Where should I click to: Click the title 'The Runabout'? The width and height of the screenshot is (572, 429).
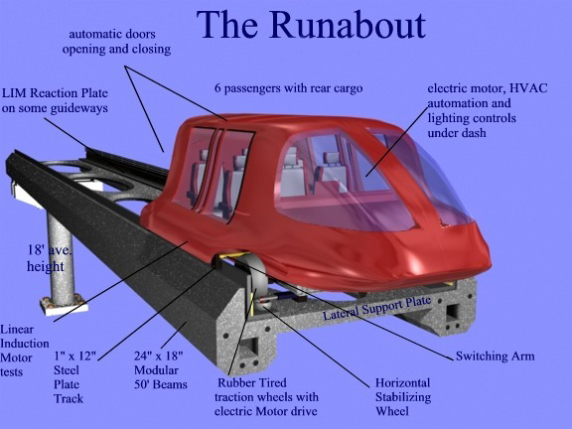click(x=311, y=25)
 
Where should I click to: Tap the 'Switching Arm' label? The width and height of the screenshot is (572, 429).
click(x=495, y=357)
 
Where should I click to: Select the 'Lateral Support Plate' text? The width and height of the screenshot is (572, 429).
click(x=377, y=308)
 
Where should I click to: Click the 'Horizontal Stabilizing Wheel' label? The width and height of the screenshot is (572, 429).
click(x=403, y=397)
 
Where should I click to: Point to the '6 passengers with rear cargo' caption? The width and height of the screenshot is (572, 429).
click(x=289, y=88)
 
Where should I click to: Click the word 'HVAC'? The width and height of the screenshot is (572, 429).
click(x=528, y=88)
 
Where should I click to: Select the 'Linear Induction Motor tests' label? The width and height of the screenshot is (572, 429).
click(x=24, y=351)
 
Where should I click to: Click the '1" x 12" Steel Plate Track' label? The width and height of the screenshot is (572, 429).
click(x=74, y=377)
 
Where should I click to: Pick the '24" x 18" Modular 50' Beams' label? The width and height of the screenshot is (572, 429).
click(x=161, y=369)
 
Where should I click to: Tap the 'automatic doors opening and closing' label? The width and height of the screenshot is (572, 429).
click(x=116, y=42)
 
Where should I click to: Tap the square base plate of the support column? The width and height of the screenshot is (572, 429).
click(x=64, y=305)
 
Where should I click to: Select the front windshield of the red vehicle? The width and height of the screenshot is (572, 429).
click(x=429, y=179)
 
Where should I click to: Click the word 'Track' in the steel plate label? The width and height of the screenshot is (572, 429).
click(x=69, y=398)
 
